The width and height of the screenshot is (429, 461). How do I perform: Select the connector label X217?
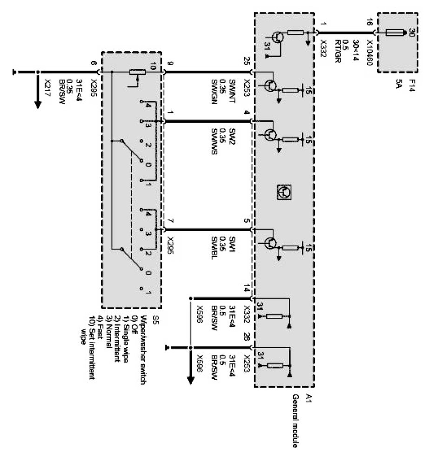coord(47,86)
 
